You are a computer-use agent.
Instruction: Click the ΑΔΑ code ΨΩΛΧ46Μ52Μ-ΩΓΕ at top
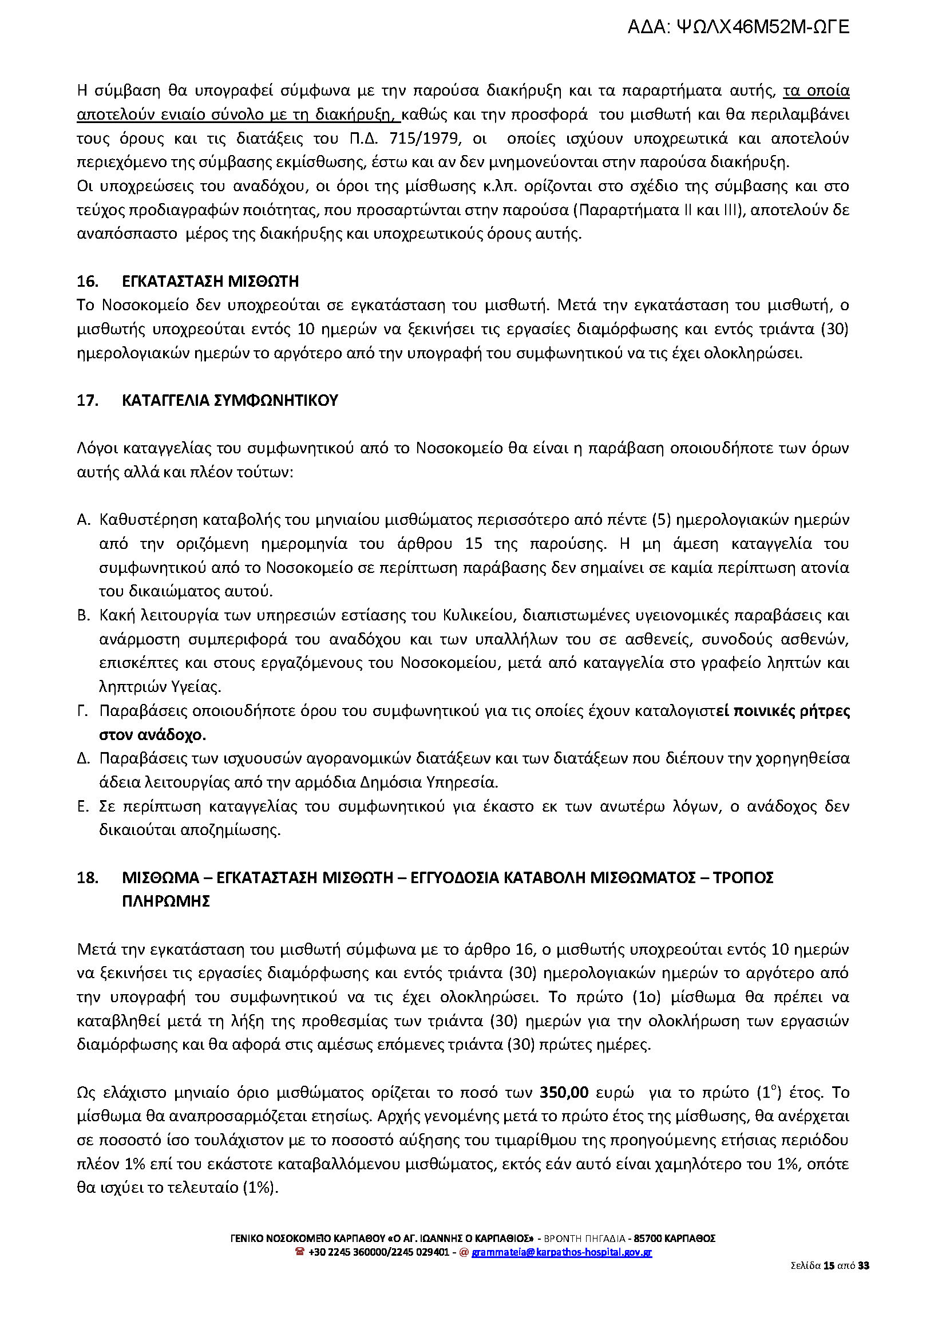pyautogui.click(x=738, y=27)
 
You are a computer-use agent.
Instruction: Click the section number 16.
pyautogui.click(x=87, y=282)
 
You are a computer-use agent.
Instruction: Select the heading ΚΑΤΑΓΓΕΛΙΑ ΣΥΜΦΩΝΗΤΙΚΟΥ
pyautogui.click(x=230, y=401)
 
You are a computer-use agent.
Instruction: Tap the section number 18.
pyautogui.click(x=87, y=878)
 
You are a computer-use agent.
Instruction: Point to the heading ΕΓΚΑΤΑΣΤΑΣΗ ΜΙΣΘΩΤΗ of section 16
pyautogui.click(x=210, y=282)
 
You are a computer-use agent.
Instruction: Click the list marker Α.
pyautogui.click(x=84, y=520)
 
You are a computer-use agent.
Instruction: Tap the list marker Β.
pyautogui.click(x=84, y=615)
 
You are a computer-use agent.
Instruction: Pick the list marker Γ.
pyautogui.click(x=83, y=711)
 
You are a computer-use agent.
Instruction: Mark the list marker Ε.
pyautogui.click(x=83, y=807)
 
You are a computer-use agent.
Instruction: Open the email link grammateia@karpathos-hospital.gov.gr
pyautogui.click(x=561, y=1252)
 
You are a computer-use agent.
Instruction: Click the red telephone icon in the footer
pyautogui.click(x=300, y=1252)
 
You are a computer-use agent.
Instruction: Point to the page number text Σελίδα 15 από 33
pyautogui.click(x=830, y=1265)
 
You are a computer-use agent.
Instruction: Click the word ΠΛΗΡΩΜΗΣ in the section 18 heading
pyautogui.click(x=166, y=902)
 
